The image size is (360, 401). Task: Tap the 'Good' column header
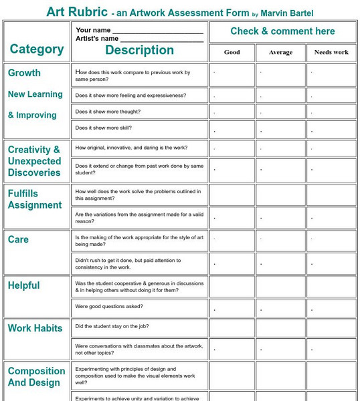coord(232,52)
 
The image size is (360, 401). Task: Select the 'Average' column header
coord(280,52)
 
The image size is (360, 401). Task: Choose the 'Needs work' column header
coord(331,52)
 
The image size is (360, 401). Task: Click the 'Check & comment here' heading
coord(282,31)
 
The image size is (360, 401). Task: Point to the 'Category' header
coord(37,49)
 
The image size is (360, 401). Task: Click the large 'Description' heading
coord(139,50)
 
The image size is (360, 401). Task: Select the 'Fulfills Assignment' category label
coord(35,199)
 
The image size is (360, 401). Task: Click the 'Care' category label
coord(18,239)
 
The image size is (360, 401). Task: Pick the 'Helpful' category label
coord(23,285)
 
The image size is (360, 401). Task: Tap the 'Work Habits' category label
coord(35,328)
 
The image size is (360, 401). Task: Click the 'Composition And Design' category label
coord(36,377)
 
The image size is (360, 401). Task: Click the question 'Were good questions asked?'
coord(108,307)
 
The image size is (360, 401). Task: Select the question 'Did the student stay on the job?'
coord(112,326)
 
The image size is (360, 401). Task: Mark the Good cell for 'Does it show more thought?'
coord(232,112)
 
